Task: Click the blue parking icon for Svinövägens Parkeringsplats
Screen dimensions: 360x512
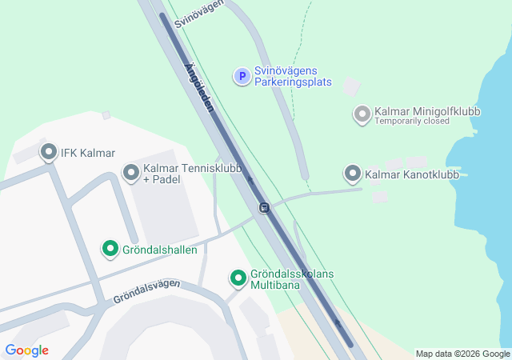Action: (241, 76)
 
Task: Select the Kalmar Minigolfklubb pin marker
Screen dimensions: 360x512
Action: (362, 114)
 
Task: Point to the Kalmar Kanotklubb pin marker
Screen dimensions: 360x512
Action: (352, 173)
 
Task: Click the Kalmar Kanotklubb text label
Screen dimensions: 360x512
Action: (411, 174)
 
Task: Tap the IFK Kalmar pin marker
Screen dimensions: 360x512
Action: (49, 151)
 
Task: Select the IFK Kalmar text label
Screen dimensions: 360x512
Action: (89, 153)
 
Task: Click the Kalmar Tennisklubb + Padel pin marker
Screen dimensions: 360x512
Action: (130, 171)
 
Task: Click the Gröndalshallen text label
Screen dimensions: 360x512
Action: (160, 250)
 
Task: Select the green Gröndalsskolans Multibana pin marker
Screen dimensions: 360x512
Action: (238, 278)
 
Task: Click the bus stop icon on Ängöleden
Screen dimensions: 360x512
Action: (264, 208)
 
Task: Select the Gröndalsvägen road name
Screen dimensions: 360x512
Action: (146, 290)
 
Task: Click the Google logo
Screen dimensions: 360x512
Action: (26, 350)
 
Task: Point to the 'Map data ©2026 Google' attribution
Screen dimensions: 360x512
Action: (462, 354)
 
